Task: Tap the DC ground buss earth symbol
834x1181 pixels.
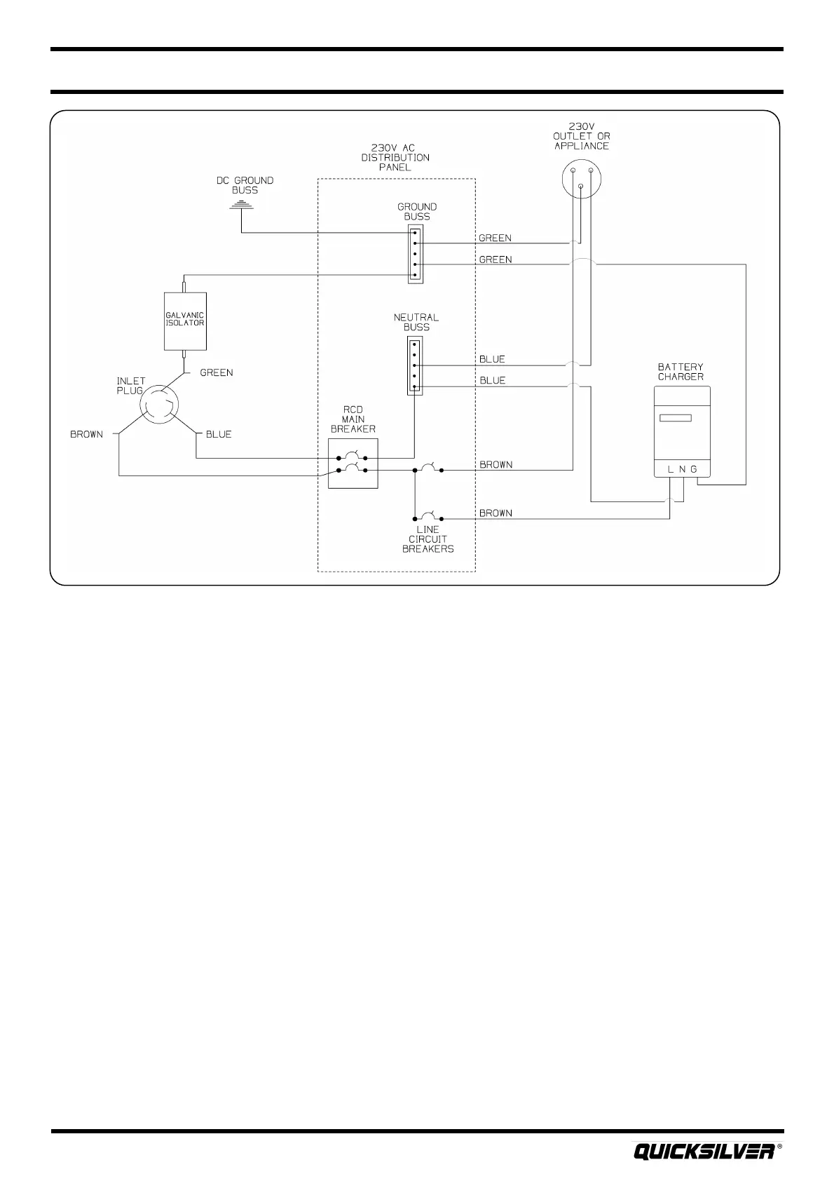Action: [x=241, y=205]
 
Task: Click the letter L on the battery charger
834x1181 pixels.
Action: [x=670, y=468]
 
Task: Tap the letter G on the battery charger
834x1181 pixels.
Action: [x=694, y=468]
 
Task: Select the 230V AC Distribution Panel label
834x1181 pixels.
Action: [x=395, y=158]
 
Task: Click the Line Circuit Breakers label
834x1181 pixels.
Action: [x=428, y=539]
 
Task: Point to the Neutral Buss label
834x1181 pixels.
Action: [x=416, y=322]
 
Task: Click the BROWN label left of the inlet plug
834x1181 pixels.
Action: [x=86, y=434]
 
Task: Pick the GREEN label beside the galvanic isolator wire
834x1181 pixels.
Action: [x=217, y=373]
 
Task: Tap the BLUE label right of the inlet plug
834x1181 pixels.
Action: [x=219, y=434]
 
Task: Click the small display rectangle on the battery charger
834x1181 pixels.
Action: [x=676, y=418]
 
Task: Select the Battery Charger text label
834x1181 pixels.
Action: [x=681, y=372]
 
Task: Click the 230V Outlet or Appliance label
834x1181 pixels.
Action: [x=582, y=137]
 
